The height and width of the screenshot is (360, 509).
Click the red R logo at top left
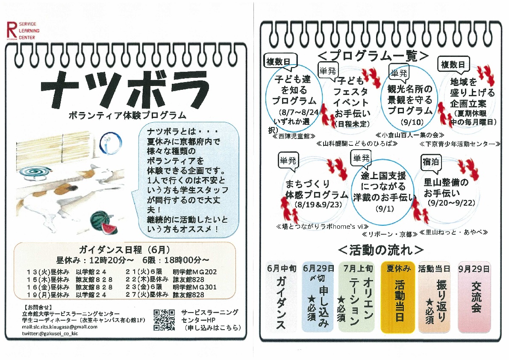click(x=12, y=30)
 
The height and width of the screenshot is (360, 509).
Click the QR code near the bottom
click(x=164, y=320)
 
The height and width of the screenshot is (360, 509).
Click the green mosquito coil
click(x=34, y=172)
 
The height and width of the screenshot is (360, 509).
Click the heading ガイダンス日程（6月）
click(x=125, y=250)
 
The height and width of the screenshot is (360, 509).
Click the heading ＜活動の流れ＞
click(x=381, y=250)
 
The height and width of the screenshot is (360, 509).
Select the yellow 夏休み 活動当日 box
click(x=398, y=297)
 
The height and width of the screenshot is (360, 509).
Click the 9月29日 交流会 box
click(x=474, y=297)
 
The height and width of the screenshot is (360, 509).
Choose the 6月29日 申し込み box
click(x=318, y=297)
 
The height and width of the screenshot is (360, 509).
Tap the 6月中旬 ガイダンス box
click(x=281, y=297)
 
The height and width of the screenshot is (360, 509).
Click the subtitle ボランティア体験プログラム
click(x=127, y=115)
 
